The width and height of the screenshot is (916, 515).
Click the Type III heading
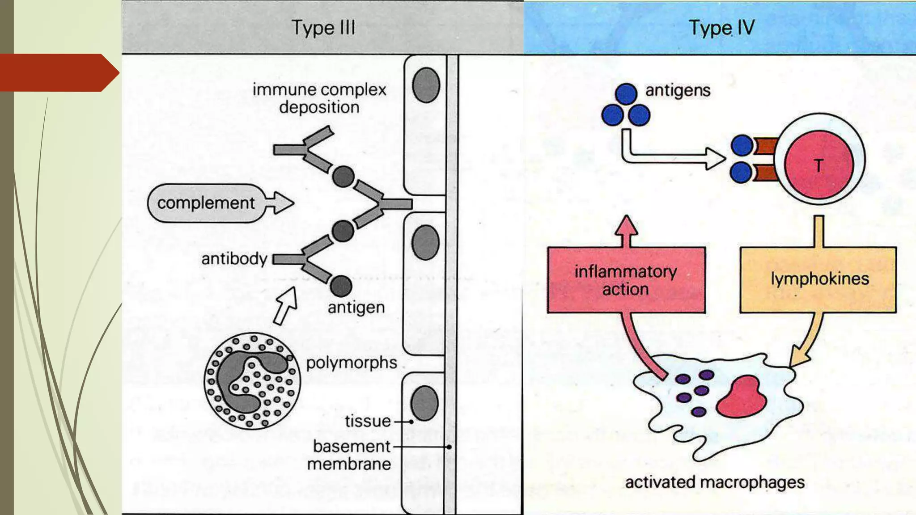coord(323,28)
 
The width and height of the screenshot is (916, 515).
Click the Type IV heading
coord(721,28)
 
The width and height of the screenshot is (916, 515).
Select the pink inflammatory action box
coord(626,280)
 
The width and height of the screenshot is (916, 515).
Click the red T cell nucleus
coord(818,165)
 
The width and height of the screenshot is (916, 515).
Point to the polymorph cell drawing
coord(252,381)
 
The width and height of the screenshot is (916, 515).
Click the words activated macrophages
coord(714,482)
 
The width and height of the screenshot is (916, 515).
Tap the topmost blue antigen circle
coord(626,94)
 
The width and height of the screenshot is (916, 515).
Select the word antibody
coord(234,259)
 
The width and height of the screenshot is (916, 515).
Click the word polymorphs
coord(351,363)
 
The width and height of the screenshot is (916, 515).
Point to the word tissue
coord(368,421)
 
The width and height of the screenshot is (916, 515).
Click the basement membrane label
coord(351,455)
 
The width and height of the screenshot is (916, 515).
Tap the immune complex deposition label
coord(319,98)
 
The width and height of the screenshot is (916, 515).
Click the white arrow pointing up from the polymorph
coord(286,305)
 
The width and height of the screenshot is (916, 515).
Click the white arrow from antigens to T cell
coord(671,157)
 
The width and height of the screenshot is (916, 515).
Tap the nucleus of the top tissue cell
coord(426,85)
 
